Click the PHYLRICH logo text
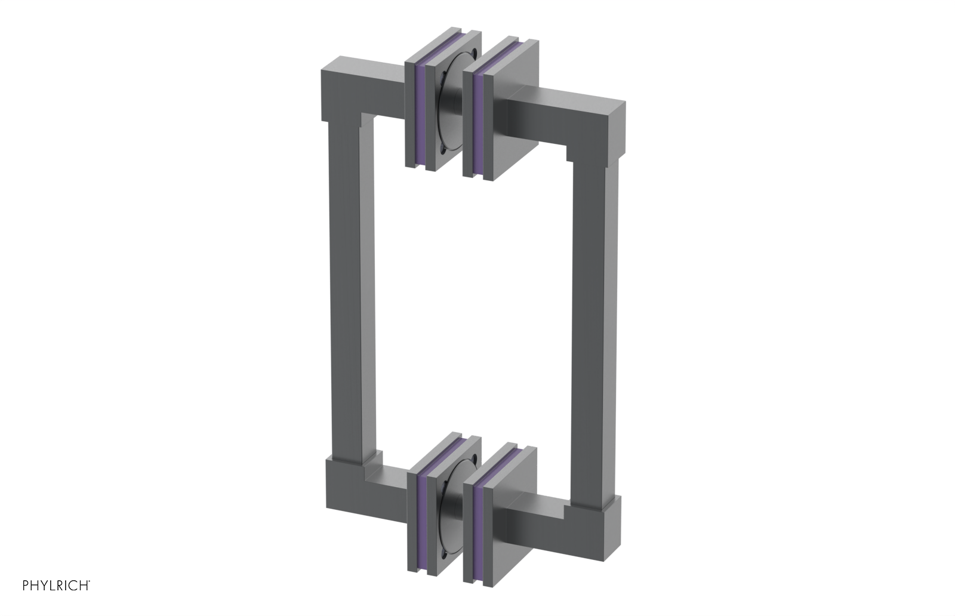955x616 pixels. coord(56,585)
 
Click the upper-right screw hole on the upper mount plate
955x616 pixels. coord(474,52)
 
